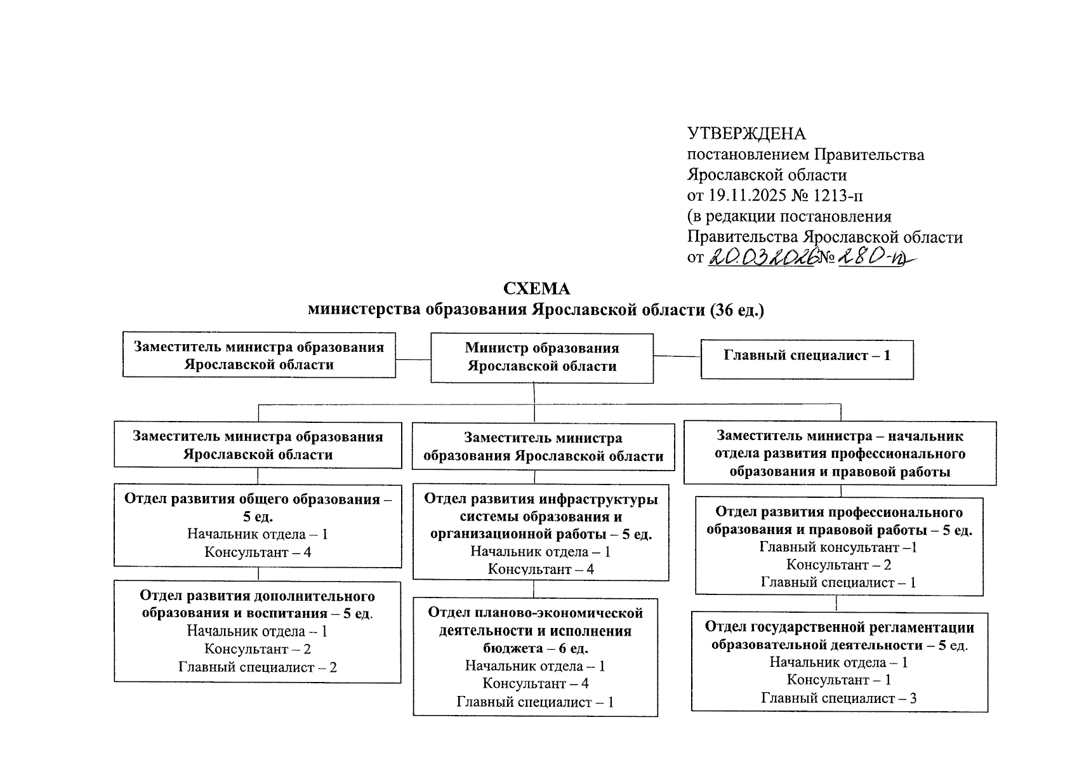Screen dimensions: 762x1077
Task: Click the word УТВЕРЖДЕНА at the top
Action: pyautogui.click(x=746, y=134)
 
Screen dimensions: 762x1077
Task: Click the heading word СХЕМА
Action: pyautogui.click(x=537, y=289)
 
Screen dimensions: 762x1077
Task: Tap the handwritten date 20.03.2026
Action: pyautogui.click(x=762, y=257)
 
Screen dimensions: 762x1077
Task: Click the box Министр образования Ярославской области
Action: pyautogui.click(x=542, y=358)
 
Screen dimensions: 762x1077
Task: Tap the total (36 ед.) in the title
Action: pyautogui.click(x=737, y=310)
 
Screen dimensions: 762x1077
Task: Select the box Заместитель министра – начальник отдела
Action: pyautogui.click(x=840, y=453)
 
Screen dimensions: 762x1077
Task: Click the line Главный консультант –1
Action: pyautogui.click(x=838, y=547)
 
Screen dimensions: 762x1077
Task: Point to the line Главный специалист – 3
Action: pyautogui.click(x=839, y=698)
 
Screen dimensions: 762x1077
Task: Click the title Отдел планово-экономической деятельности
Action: pyautogui.click(x=536, y=622)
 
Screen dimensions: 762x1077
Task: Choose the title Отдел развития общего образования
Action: pyautogui.click(x=258, y=499)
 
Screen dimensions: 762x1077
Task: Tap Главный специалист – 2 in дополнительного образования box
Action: pyautogui.click(x=258, y=667)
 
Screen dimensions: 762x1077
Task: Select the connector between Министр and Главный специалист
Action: pyautogui.click(x=677, y=356)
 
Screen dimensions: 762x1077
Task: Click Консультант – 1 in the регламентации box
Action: pyautogui.click(x=839, y=680)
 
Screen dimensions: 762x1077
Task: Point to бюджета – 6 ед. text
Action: pyautogui.click(x=536, y=648)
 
